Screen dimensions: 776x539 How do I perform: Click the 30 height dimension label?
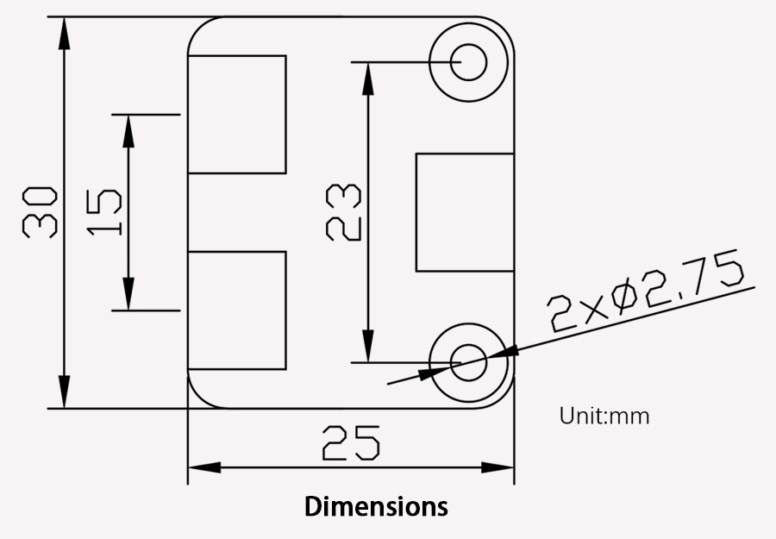coord(40,212)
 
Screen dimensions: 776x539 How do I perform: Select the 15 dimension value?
coord(104,212)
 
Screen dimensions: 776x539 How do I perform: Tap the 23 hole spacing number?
coord(343,212)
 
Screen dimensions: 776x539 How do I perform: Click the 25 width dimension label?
coord(351,443)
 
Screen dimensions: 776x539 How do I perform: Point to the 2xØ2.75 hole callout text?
coord(645,291)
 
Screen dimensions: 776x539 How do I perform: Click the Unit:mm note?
coord(604,416)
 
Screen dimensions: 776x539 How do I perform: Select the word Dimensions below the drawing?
coord(376,506)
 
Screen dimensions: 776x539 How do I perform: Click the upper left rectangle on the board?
coord(237,115)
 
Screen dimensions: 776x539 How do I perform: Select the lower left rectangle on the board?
coord(237,310)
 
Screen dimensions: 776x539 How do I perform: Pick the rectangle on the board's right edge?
coord(465,212)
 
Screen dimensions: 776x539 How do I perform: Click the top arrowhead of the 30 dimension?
coord(65,33)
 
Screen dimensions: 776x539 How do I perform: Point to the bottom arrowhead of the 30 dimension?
coord(65,392)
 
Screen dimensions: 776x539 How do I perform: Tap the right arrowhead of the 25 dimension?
coord(498,467)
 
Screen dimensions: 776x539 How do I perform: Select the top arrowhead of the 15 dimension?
coord(128,131)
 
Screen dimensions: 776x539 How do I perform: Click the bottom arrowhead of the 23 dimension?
coord(367,346)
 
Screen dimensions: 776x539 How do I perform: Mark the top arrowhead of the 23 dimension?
coord(367,79)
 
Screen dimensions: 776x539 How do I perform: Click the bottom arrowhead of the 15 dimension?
coord(128,294)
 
